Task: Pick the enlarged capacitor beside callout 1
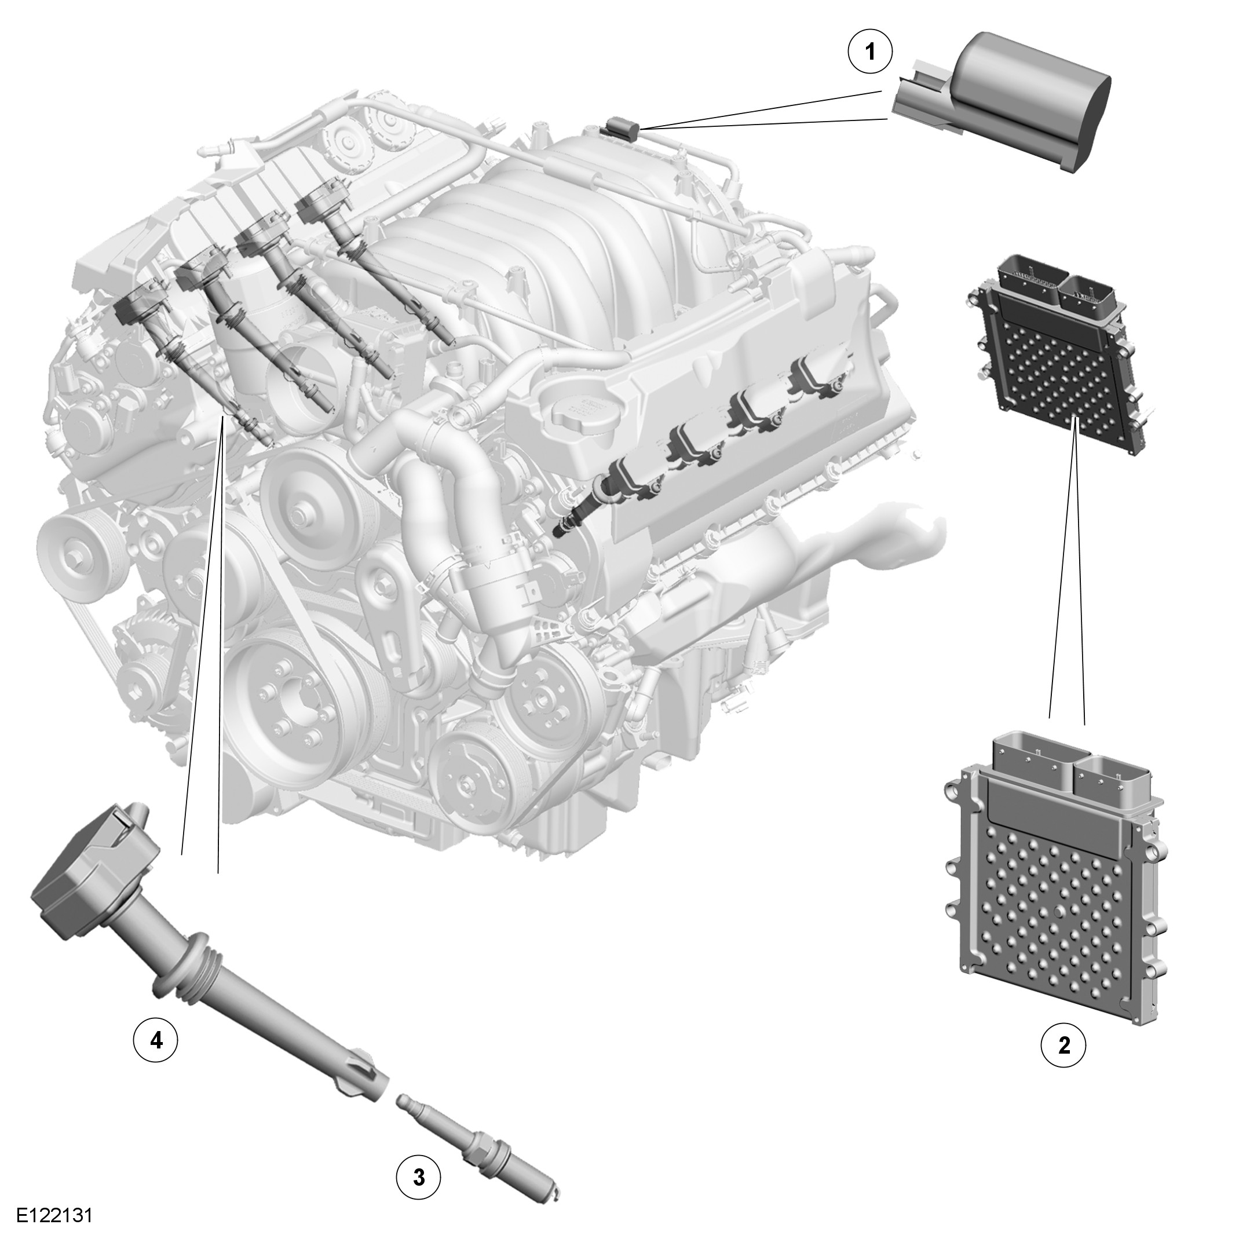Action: pos(1000,100)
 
